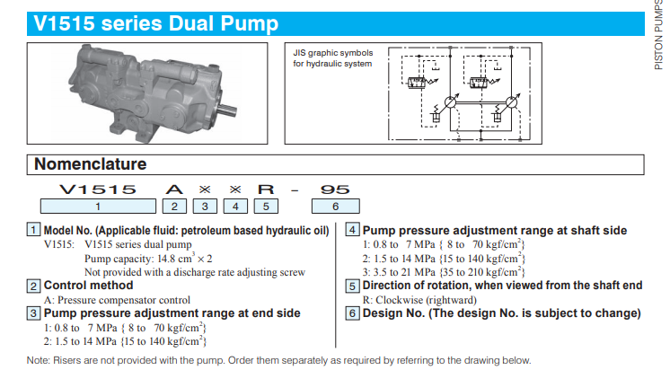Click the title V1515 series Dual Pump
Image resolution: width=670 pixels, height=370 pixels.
pos(156,23)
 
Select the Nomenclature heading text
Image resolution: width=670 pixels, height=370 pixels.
pos(90,164)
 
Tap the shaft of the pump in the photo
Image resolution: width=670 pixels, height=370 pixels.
pos(227,110)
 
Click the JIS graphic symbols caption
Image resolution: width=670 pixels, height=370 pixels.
pos(333,58)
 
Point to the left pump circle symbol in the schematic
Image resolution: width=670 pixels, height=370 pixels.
pos(450,102)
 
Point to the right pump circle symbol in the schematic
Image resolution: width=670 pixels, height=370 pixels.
pos(511,102)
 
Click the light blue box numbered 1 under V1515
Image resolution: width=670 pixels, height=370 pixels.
pos(98,207)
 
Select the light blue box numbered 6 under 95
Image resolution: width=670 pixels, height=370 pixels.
pos(335,207)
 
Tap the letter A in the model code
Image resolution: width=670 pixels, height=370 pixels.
pos(174,189)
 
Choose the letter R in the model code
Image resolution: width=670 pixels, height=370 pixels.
pos(266,189)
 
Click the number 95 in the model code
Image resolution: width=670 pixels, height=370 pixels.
pos(335,189)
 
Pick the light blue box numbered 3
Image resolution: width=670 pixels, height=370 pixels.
pos(205,207)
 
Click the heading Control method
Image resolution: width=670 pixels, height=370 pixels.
pos(88,286)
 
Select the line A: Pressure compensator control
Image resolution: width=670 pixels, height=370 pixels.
pos(117,300)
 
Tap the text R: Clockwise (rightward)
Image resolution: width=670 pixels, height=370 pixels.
pos(419,300)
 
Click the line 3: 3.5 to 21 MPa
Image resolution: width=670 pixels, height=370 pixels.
pos(444,272)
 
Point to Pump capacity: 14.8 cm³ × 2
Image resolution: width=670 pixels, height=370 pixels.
pos(148,258)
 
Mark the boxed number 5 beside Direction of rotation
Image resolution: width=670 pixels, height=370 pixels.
pos(352,286)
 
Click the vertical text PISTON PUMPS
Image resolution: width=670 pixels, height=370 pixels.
pos(658,35)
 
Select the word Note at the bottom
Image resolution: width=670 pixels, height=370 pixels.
pos(37,360)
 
